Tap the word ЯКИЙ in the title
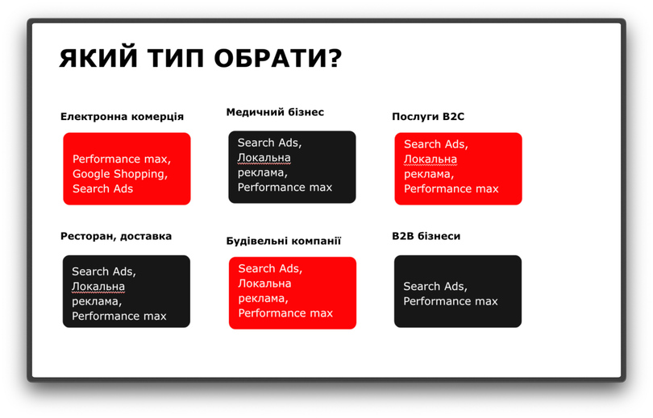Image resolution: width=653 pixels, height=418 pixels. (98, 58)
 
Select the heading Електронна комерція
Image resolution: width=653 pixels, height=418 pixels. (122, 117)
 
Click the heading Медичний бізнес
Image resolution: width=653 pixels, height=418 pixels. (275, 112)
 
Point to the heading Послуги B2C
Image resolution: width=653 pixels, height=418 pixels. (428, 117)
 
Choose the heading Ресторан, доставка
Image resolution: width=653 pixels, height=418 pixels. (116, 236)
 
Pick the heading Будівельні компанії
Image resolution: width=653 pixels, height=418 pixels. (284, 241)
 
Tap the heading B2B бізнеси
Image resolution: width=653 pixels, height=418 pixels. (426, 236)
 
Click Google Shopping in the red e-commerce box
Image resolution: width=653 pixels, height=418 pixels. (119, 174)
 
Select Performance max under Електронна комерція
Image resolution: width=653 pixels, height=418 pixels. (120, 159)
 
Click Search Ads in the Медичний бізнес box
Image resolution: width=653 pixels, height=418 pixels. (268, 143)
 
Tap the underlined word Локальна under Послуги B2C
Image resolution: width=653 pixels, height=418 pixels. (430, 159)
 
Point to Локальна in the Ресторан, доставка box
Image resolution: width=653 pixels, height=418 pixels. (98, 287)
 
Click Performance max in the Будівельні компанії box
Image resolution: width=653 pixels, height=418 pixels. (285, 313)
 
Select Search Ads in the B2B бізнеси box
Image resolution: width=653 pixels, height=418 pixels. (434, 286)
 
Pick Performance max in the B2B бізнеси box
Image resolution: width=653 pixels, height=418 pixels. (451, 301)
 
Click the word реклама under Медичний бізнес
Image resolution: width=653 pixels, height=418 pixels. (261, 172)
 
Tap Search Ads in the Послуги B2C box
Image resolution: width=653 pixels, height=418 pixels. (435, 144)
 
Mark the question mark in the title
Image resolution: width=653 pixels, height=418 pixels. (335, 58)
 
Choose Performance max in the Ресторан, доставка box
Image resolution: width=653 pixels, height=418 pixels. (119, 316)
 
